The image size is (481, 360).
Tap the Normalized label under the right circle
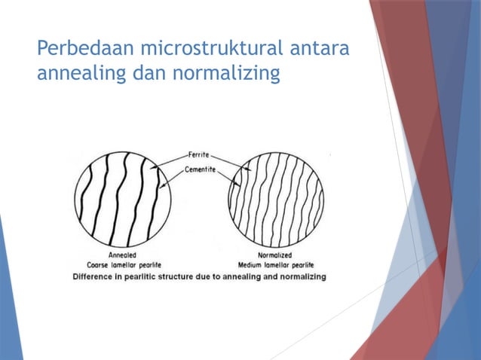[x=275, y=255]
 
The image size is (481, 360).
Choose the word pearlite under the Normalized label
[x=305, y=265]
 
